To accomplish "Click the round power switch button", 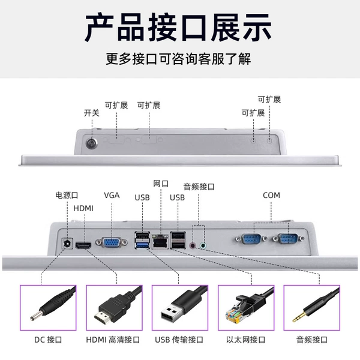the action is [91, 143].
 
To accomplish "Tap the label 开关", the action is [91, 113].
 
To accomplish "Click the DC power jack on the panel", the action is [67, 244].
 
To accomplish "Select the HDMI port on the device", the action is [83, 246].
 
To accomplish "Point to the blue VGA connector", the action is [112, 242].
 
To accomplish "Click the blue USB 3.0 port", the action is [142, 245].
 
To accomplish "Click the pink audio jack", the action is [193, 245].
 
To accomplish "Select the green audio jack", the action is [203, 245].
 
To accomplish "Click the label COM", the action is [271, 196].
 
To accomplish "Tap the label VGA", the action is [112, 196].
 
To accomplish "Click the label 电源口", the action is [67, 196].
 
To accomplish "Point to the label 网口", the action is [161, 184].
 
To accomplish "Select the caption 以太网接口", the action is [245, 340].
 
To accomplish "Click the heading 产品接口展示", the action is [178, 28].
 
